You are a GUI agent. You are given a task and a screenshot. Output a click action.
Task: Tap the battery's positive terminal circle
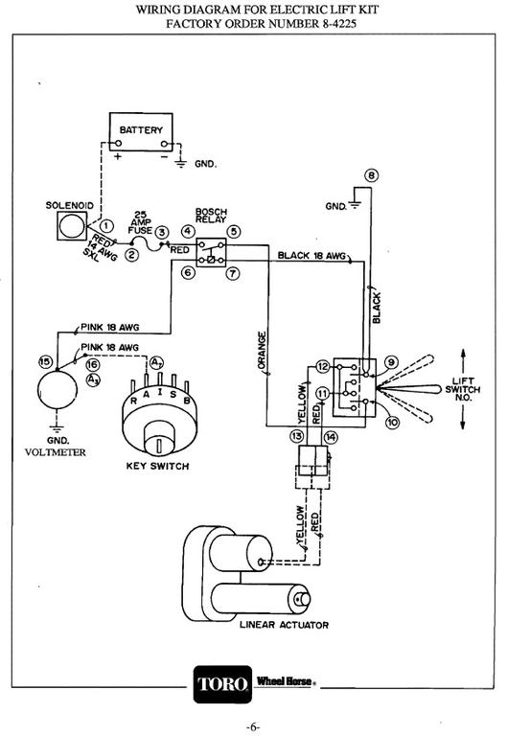(x=118, y=143)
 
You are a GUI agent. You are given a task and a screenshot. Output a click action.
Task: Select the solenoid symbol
(x=72, y=226)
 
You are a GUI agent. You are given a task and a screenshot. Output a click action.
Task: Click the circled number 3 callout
(x=162, y=232)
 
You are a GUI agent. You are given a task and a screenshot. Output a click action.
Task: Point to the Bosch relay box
(x=211, y=252)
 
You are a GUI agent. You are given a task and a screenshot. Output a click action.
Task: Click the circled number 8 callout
(x=371, y=175)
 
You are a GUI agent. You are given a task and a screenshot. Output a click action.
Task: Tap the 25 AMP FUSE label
(x=140, y=222)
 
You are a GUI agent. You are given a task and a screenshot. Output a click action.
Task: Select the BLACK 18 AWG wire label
(x=311, y=255)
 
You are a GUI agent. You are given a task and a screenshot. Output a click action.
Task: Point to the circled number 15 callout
(x=45, y=361)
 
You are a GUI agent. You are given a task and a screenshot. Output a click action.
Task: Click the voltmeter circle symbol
(x=58, y=390)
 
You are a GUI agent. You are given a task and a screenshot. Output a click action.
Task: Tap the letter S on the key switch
(x=173, y=394)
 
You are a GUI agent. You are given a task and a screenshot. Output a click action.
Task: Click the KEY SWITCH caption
(x=157, y=466)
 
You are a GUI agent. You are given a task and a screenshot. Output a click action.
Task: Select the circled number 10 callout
(x=392, y=422)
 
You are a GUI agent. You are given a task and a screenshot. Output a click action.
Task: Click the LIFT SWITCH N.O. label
(x=462, y=389)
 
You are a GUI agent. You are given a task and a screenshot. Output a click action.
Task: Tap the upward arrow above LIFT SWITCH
(x=463, y=360)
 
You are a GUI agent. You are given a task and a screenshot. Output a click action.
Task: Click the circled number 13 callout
(x=297, y=437)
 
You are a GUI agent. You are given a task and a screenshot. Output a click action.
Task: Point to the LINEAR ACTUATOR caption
(x=284, y=625)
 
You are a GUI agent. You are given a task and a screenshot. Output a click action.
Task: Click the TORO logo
(x=222, y=684)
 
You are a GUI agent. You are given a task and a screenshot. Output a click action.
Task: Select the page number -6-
(x=253, y=727)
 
